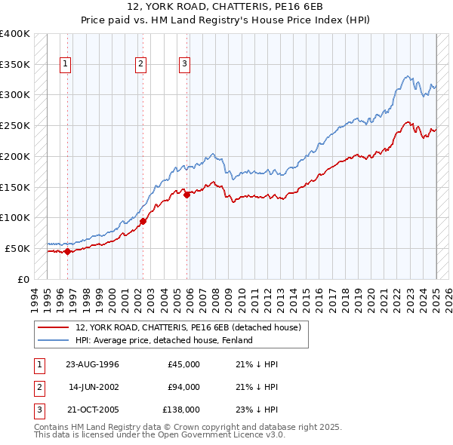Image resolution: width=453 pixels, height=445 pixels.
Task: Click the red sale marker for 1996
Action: [x=67, y=252]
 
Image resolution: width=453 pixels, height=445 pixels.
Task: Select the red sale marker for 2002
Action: [x=143, y=221]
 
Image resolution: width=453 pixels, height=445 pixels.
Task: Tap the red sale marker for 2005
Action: [x=186, y=194]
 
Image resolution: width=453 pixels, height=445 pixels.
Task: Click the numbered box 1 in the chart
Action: [x=66, y=65]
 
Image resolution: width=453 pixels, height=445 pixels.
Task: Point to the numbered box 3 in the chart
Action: [x=184, y=65]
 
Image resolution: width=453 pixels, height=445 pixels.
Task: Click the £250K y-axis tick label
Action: [x=14, y=125]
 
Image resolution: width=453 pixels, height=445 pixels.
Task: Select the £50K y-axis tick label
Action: [x=17, y=248]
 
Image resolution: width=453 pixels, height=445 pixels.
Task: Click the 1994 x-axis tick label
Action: [x=34, y=296]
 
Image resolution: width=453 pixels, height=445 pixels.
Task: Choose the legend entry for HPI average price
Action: [x=163, y=340]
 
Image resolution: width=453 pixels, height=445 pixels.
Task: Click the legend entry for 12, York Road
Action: [x=188, y=327]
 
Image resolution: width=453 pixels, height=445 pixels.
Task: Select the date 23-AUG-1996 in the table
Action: [x=92, y=364]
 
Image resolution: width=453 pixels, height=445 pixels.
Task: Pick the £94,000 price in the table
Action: [x=183, y=387]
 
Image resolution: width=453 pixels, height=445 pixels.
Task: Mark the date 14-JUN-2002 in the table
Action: [x=94, y=387]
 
